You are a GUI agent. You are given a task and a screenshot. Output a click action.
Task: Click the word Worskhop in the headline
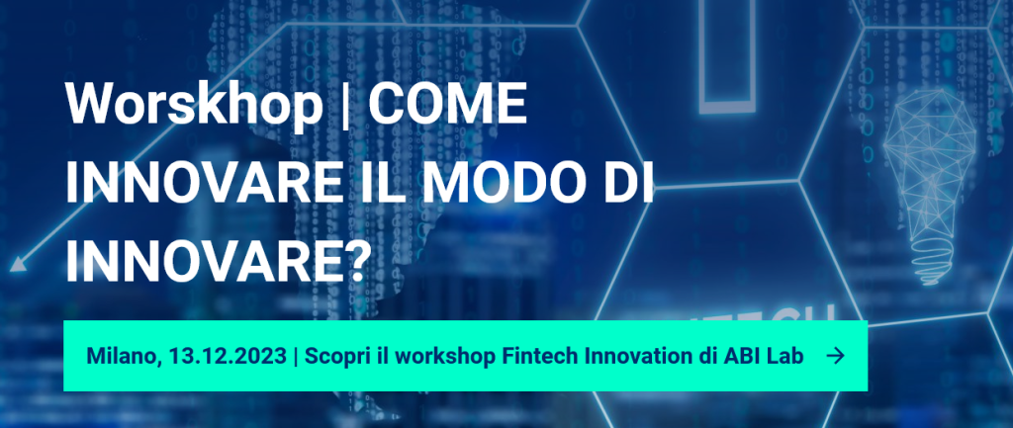tap(194, 105)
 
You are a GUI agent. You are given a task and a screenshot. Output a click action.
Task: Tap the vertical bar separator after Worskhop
tap(345, 107)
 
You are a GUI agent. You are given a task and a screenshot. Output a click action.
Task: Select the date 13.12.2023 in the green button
tap(227, 356)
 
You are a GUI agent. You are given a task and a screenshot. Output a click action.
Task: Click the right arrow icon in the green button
tap(835, 357)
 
